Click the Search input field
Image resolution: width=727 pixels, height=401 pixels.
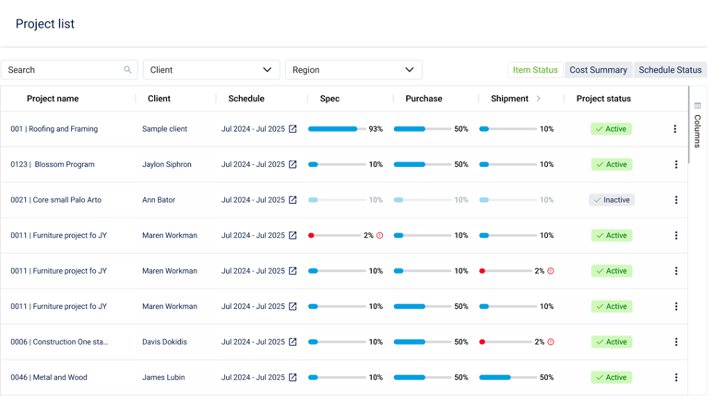pyautogui.click(x=65, y=70)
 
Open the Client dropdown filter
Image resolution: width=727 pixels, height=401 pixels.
pyautogui.click(x=210, y=70)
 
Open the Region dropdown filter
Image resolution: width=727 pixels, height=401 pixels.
pyautogui.click(x=352, y=70)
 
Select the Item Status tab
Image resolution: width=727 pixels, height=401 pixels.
pyautogui.click(x=535, y=70)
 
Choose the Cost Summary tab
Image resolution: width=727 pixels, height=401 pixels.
pyautogui.click(x=598, y=70)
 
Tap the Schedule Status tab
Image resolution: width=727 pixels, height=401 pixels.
pyautogui.click(x=670, y=70)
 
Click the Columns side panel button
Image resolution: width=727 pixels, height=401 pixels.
pyautogui.click(x=697, y=125)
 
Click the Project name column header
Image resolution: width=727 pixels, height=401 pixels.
pyautogui.click(x=53, y=99)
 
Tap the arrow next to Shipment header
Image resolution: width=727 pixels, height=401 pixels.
pyautogui.click(x=539, y=99)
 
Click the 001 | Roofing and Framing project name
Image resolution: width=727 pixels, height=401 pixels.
pyautogui.click(x=54, y=129)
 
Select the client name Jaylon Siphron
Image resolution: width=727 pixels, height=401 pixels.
pyautogui.click(x=167, y=165)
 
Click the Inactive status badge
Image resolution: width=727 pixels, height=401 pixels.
pyautogui.click(x=612, y=200)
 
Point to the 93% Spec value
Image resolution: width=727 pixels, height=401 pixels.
pyautogui.click(x=375, y=129)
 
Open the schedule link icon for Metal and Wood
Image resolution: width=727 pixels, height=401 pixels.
pyautogui.click(x=292, y=378)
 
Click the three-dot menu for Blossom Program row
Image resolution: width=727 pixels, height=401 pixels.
pyautogui.click(x=675, y=165)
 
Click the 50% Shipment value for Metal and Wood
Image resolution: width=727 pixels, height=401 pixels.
pyautogui.click(x=546, y=378)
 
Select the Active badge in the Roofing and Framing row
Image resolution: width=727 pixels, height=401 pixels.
pyautogui.click(x=611, y=129)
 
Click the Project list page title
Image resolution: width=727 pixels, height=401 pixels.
pyautogui.click(x=45, y=24)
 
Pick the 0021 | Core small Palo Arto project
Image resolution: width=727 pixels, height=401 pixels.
pyautogui.click(x=55, y=200)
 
